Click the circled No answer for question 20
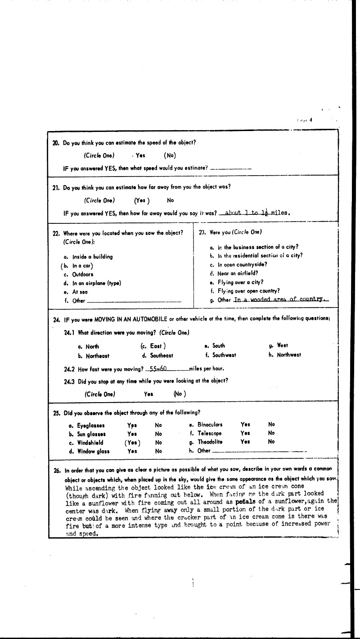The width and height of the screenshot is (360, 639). pos(170,156)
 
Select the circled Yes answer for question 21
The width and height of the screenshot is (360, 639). pos(142,200)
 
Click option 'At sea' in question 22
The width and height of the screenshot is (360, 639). pos(80,292)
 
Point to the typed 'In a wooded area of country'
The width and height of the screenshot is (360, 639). pos(281,299)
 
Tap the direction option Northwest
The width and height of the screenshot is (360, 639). pos(289,355)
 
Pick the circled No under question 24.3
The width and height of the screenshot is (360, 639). pos(180,394)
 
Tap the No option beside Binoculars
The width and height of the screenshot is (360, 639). pos(271,424)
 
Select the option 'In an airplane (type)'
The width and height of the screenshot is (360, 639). pos(96,283)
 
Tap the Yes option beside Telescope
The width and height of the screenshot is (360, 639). pos(245,433)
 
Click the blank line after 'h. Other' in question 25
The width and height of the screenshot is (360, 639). pos(259,451)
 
